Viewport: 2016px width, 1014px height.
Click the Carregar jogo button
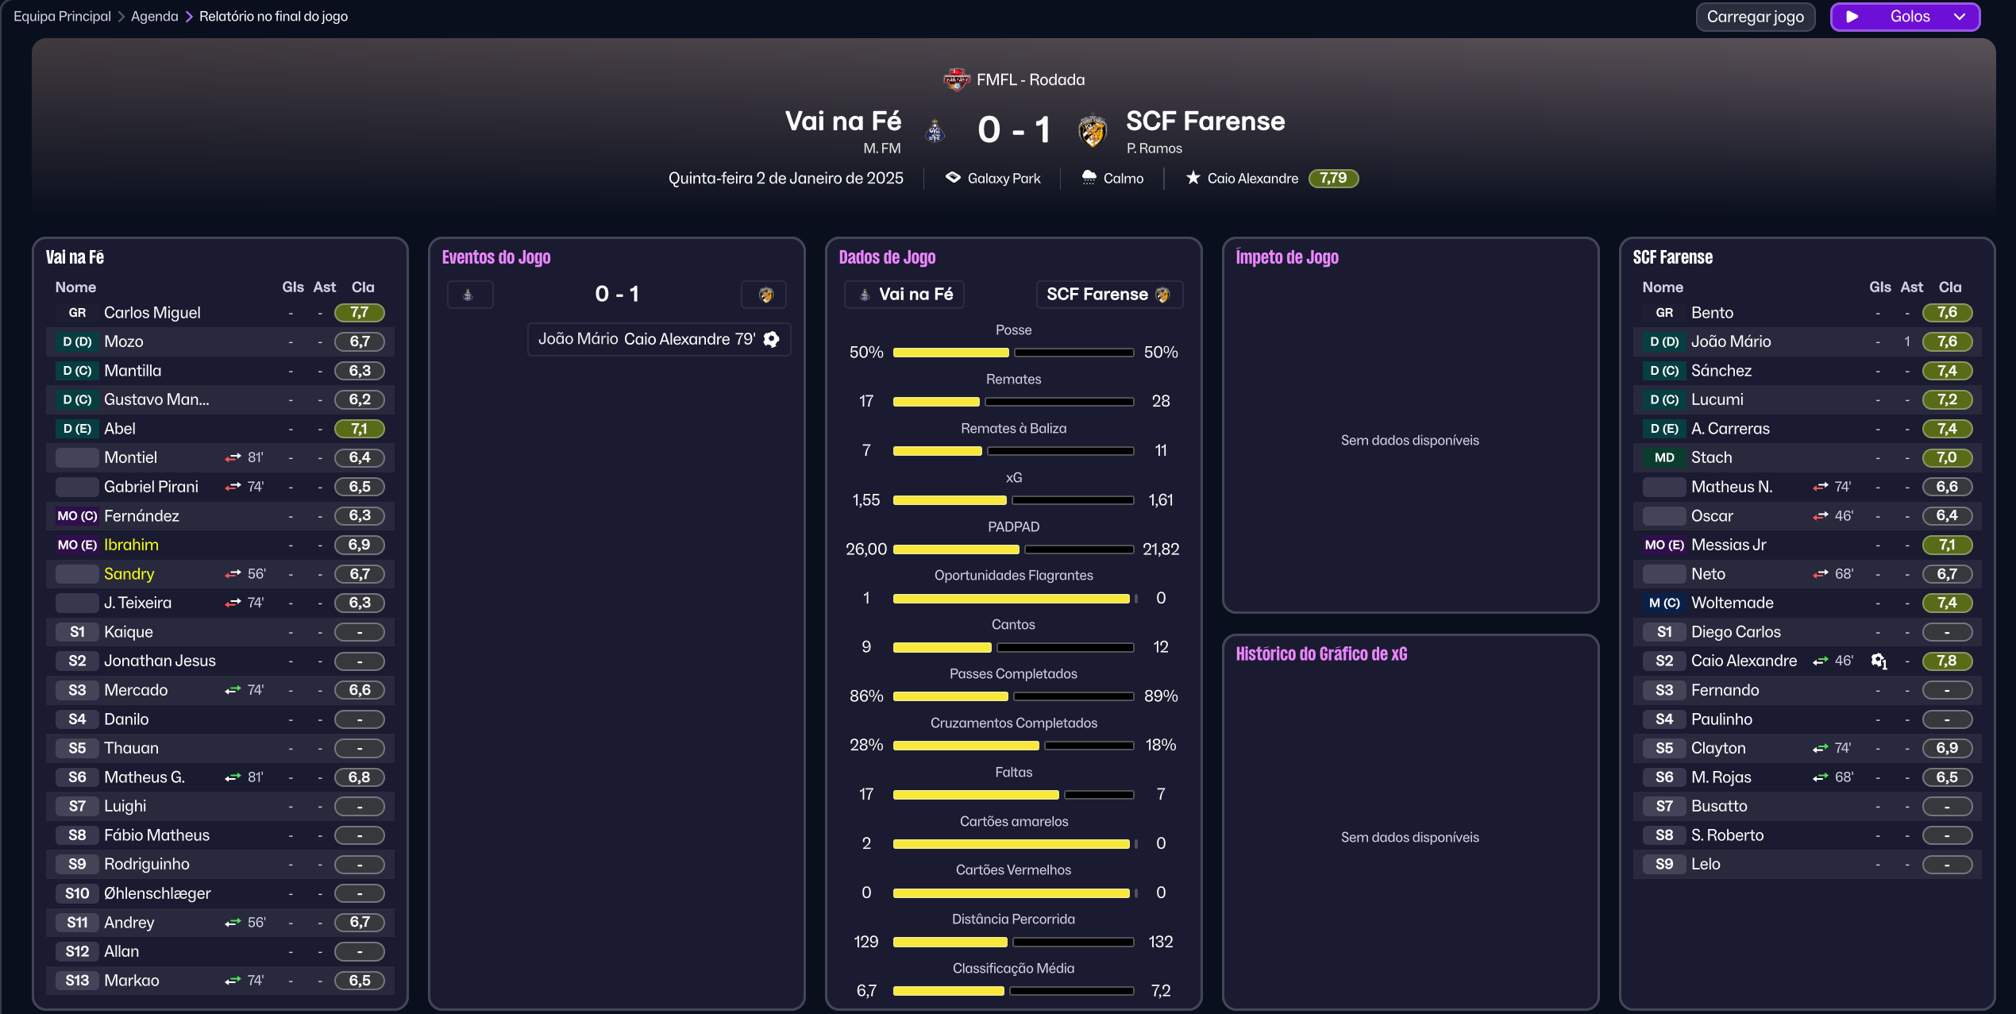(x=1755, y=17)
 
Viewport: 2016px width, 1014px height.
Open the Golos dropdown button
(x=1905, y=17)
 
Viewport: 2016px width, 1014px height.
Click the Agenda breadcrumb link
(x=154, y=17)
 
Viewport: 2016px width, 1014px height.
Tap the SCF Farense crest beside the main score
(x=1092, y=131)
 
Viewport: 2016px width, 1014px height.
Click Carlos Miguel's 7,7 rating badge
(x=359, y=313)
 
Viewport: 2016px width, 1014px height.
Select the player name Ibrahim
(x=131, y=545)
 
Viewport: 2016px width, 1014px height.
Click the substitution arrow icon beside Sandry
(x=233, y=574)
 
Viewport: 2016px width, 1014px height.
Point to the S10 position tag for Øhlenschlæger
(x=77, y=893)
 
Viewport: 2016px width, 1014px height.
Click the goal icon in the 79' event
(x=771, y=340)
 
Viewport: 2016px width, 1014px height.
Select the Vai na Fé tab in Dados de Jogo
(x=904, y=295)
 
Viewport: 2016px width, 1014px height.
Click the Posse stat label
(x=1013, y=330)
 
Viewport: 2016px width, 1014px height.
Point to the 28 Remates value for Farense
(x=1160, y=401)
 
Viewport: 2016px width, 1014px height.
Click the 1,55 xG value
(x=865, y=500)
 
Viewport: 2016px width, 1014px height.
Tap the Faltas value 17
(x=865, y=794)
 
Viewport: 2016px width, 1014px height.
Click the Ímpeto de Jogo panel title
(x=1286, y=257)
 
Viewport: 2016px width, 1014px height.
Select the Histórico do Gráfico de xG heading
(x=1320, y=654)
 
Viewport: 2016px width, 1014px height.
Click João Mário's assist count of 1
(x=1906, y=341)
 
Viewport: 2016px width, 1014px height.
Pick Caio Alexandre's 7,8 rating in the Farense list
(x=1946, y=661)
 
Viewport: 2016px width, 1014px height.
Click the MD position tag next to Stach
(x=1664, y=457)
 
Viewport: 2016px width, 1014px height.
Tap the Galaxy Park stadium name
(x=1004, y=179)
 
